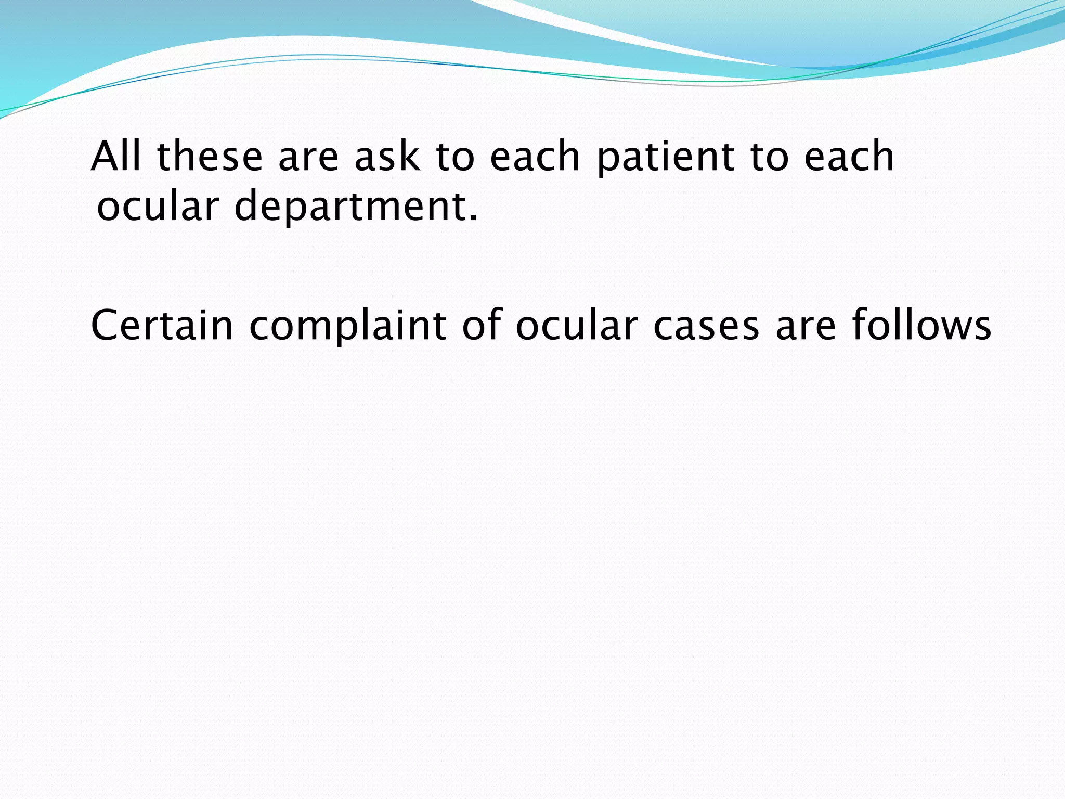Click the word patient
click(x=666, y=157)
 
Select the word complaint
click(x=347, y=327)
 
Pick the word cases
click(x=706, y=327)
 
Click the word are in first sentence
click(x=308, y=158)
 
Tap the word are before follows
click(x=806, y=327)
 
